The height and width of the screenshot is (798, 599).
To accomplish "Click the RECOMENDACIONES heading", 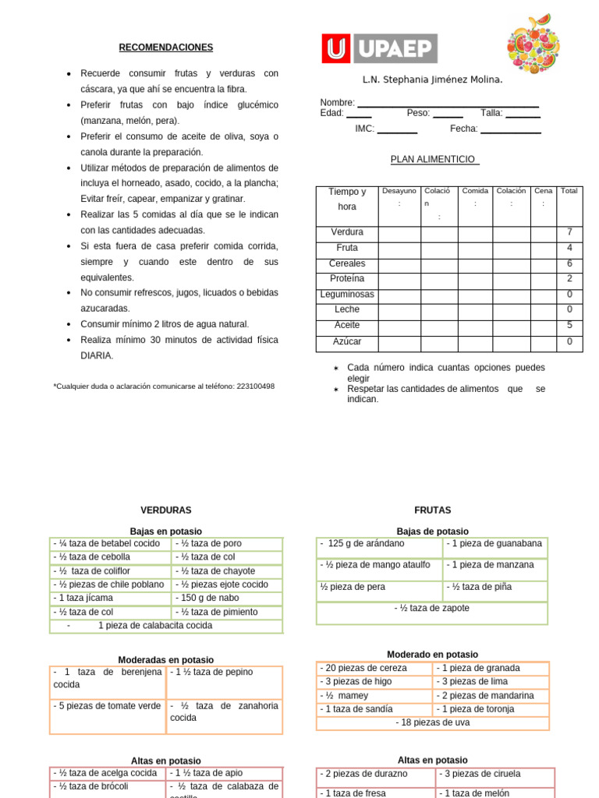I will (165, 48).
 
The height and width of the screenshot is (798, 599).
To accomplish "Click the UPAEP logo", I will (380, 48).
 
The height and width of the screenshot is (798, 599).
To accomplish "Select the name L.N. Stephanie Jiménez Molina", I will (432, 79).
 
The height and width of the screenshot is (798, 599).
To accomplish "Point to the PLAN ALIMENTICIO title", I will (434, 159).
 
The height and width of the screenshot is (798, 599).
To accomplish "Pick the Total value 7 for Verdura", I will (569, 232).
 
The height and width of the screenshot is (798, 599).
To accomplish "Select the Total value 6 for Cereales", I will (569, 263).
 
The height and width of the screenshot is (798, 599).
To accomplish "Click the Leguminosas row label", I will (347, 295).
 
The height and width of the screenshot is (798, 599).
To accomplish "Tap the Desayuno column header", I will (399, 191).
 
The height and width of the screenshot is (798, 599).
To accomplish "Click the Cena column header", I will (544, 191).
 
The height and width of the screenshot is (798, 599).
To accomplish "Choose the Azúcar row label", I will (347, 342).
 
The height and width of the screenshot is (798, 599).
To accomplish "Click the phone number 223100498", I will (255, 386).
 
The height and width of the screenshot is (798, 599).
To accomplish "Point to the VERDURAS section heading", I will (165, 510).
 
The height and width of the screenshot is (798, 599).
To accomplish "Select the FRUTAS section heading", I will (433, 510).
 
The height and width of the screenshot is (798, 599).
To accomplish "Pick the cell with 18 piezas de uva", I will (433, 723).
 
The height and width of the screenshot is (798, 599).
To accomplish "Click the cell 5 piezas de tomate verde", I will (107, 706).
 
